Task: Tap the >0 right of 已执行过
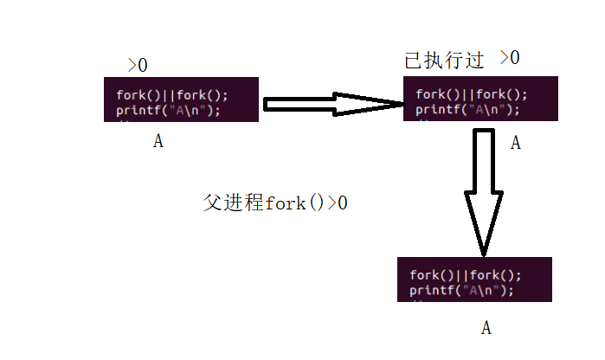509,59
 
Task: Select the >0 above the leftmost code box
138,65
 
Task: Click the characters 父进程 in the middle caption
234,203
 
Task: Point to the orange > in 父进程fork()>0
331,203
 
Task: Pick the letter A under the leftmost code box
158,142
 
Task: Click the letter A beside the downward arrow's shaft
515,144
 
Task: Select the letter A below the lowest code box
486,328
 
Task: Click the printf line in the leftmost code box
168,110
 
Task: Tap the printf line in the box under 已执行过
467,109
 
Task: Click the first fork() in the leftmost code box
136,95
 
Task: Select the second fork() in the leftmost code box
201,95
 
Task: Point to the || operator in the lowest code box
466,275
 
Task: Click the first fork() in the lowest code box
430,275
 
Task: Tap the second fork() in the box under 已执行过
500,94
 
